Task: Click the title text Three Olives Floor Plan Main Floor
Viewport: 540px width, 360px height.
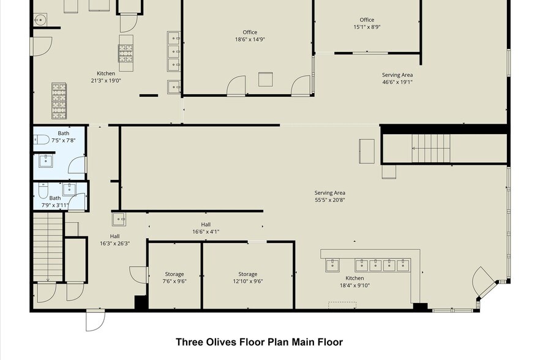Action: [259, 342]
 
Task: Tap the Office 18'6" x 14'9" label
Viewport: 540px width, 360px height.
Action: [249, 36]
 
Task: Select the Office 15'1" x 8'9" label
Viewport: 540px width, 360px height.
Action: [367, 23]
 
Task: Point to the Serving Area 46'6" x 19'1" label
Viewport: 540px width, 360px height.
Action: [397, 78]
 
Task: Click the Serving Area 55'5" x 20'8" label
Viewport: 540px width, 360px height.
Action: [330, 197]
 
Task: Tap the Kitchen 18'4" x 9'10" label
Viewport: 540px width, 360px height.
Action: [354, 282]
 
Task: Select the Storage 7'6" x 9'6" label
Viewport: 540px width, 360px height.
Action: [174, 277]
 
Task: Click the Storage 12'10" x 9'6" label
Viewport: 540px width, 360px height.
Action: [247, 277]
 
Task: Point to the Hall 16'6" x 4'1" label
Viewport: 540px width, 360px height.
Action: [205, 228]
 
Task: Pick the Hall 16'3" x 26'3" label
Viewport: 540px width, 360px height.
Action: [114, 239]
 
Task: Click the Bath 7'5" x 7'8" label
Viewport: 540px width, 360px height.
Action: [64, 137]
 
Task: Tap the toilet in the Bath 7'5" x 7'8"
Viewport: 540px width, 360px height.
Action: [40, 140]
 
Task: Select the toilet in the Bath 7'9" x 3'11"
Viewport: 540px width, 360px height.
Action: [42, 192]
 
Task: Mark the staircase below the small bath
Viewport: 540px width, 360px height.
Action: [47, 244]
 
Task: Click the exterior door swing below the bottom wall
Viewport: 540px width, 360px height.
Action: [95, 320]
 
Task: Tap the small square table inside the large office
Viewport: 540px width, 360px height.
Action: [266, 80]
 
